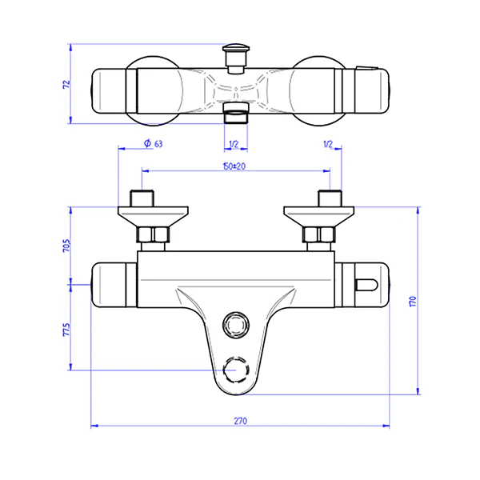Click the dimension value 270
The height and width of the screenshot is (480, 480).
241,421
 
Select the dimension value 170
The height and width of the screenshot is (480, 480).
413,302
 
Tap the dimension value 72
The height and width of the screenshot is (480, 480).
66,85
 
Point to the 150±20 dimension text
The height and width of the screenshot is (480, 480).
234,166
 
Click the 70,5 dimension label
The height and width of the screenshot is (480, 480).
66,246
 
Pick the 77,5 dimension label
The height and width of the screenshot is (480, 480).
66,330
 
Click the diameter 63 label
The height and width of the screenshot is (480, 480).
154,143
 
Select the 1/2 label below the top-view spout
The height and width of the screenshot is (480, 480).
234,144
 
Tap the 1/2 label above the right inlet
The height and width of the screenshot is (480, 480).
328,144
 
